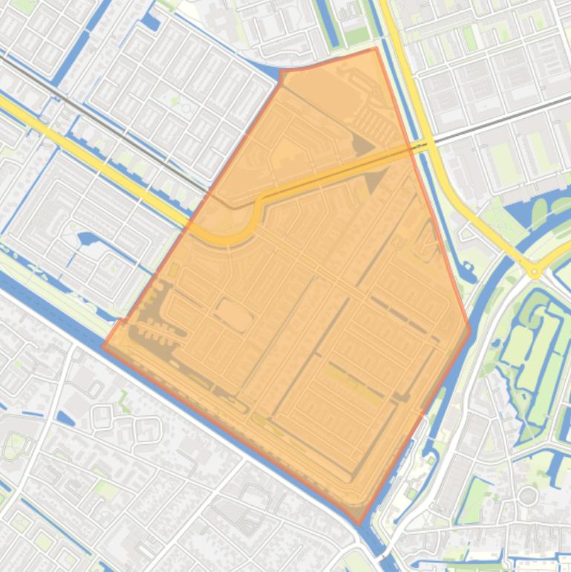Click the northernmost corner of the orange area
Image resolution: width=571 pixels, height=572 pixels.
[375, 48]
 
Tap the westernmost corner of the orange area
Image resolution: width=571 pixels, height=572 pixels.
[102, 345]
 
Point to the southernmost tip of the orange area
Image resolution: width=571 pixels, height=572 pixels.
[359, 524]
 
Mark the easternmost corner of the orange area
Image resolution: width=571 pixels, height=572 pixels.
[470, 331]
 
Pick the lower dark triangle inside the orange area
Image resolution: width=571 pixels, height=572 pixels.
[376, 181]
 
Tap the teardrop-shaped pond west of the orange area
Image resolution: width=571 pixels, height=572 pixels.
[88, 239]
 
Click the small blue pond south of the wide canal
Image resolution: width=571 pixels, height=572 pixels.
[65, 418]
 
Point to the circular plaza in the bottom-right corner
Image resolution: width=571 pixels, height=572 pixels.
[528, 495]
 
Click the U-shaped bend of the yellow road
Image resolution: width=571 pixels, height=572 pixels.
[230, 236]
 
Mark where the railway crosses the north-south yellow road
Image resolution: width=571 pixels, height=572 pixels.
[428, 143]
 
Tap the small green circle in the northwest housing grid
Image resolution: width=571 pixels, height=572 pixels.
[175, 101]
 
